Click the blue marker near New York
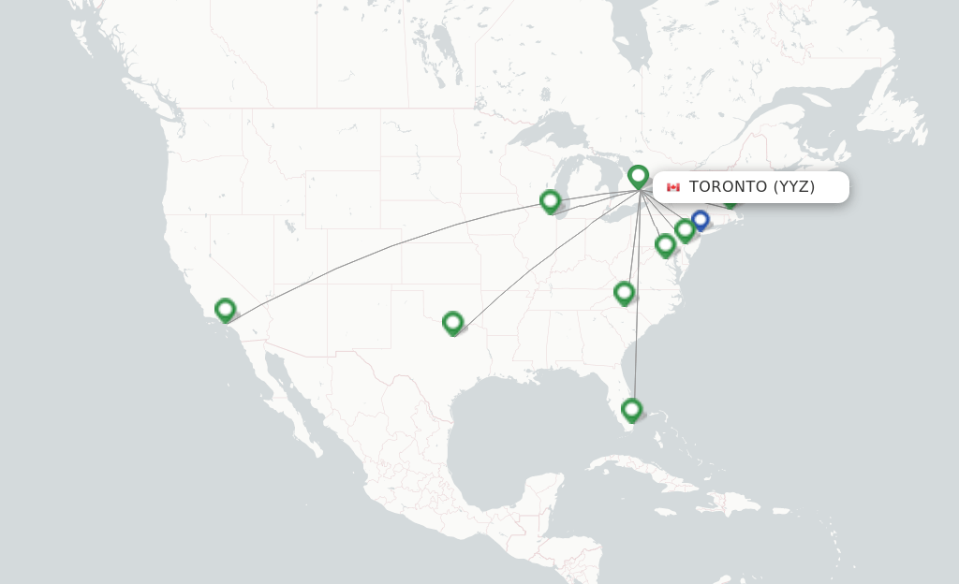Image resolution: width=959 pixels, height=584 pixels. [x=700, y=220]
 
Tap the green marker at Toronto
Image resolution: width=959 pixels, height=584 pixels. [x=638, y=175]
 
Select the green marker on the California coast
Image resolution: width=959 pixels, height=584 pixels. [x=225, y=309]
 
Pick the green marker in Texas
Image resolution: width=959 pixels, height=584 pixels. [x=452, y=323]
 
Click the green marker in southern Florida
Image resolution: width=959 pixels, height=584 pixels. [x=631, y=409]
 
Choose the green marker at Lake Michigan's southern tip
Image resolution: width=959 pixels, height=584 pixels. [x=550, y=200]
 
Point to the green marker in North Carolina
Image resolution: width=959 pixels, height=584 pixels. [x=624, y=293]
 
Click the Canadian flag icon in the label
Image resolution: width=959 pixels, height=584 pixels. [x=672, y=187]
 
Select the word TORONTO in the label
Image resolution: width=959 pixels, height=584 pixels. [x=728, y=187]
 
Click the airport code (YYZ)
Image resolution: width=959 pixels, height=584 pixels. [x=794, y=187]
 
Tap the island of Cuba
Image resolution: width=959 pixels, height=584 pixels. [x=656, y=468]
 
